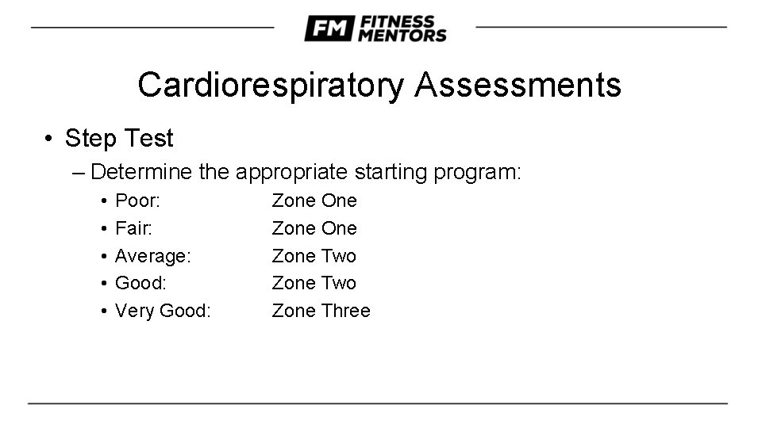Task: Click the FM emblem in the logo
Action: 329,29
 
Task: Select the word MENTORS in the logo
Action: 402,36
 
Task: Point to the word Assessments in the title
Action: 518,85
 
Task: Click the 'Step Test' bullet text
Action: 119,139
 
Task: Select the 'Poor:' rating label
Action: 137,201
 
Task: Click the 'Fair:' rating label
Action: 133,228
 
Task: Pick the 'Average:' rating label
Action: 152,256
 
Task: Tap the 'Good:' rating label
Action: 140,283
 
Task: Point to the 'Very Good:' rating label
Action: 163,311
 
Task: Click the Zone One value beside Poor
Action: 314,201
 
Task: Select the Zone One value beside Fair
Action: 314,228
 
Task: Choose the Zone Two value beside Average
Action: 314,256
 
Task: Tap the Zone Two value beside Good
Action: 314,283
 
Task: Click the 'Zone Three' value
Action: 321,311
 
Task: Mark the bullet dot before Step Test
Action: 49,139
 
